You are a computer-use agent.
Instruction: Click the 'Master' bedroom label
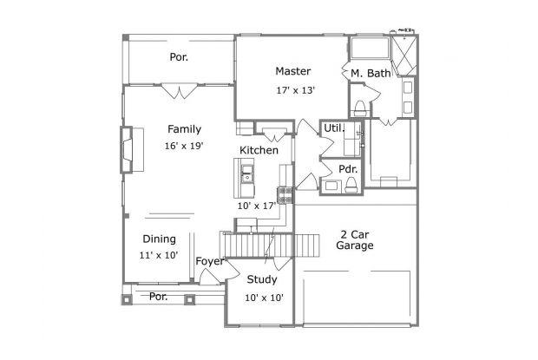pyautogui.click(x=293, y=71)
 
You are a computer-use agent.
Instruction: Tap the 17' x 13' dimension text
pyautogui.click(x=294, y=90)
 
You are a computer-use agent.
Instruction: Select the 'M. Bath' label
pyautogui.click(x=371, y=74)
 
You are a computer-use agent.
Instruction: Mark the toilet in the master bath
pyautogui.click(x=359, y=107)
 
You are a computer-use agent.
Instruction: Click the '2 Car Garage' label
pyautogui.click(x=355, y=240)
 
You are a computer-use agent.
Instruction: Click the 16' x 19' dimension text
pyautogui.click(x=183, y=146)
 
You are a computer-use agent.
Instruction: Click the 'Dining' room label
pyautogui.click(x=159, y=239)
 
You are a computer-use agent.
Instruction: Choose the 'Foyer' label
pyautogui.click(x=211, y=261)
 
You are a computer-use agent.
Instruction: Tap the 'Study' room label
pyautogui.click(x=262, y=279)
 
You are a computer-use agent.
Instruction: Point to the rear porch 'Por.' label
pyautogui.click(x=179, y=57)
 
